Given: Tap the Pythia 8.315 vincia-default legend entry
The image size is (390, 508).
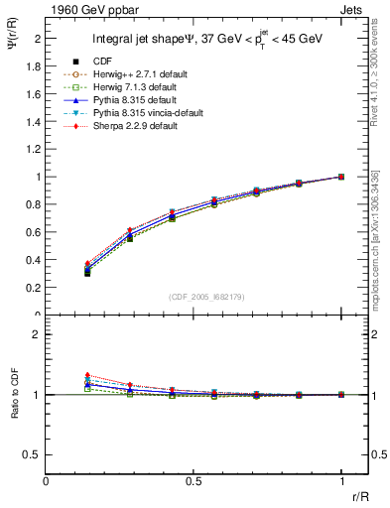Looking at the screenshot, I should click(x=143, y=114).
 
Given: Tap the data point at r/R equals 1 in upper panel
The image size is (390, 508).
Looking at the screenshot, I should click(x=341, y=177).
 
